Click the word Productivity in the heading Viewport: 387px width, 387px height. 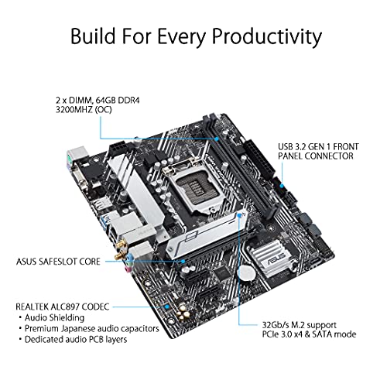click(x=267, y=36)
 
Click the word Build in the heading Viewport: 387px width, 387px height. click(x=93, y=36)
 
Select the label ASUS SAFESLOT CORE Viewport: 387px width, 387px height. click(x=58, y=262)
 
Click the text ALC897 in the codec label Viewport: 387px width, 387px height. click(x=66, y=307)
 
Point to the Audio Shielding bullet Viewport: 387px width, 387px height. click(x=52, y=317)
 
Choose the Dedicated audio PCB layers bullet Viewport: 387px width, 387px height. click(x=74, y=339)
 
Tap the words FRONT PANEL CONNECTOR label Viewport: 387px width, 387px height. click(x=318, y=151)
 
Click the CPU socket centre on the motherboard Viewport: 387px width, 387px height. click(x=196, y=187)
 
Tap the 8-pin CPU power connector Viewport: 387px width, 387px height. click(x=118, y=149)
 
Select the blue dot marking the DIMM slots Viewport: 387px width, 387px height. click(x=217, y=139)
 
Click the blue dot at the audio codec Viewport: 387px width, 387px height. click(x=167, y=307)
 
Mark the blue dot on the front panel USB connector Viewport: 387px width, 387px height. click(x=282, y=186)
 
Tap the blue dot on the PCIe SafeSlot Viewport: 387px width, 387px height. click(x=183, y=262)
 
